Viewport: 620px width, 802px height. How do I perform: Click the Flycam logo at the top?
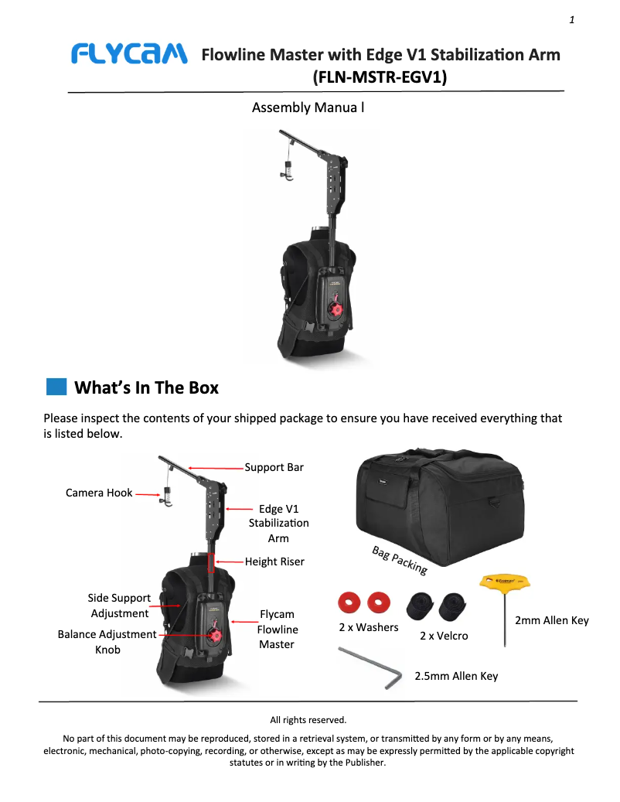point(129,54)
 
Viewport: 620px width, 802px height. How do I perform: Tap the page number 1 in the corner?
point(571,20)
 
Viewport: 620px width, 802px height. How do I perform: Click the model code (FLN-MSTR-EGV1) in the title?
point(380,77)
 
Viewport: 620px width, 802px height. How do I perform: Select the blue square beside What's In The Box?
point(56,387)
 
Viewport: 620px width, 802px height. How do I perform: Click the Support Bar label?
point(274,467)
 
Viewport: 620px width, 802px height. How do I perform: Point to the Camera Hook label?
point(99,493)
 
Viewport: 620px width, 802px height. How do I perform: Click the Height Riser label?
point(274,561)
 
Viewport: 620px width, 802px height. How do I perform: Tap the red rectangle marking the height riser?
point(210,562)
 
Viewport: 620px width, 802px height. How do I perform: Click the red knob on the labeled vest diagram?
point(215,636)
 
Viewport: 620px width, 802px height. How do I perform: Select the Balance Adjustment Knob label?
point(107,642)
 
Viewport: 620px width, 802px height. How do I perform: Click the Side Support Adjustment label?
point(119,606)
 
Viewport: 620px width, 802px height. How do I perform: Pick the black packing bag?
point(440,507)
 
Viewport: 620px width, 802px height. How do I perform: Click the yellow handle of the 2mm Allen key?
point(505,581)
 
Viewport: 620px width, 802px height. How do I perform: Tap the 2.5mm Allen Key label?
point(456,676)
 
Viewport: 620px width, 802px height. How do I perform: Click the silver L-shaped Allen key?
point(370,667)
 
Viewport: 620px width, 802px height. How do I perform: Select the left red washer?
point(349,602)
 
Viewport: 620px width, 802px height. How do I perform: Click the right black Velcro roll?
point(453,606)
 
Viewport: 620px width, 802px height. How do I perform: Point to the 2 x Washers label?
point(369,627)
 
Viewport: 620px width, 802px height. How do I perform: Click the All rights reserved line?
point(308,720)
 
